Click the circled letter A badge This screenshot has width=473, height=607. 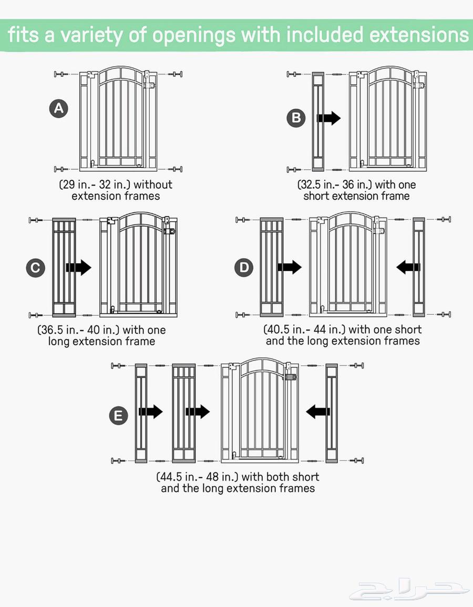coord(59,108)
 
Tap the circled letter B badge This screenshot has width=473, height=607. coord(296,118)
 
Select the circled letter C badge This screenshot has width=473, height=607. coord(36,268)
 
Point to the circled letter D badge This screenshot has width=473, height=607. coord(244,268)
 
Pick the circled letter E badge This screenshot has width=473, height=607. coord(118,416)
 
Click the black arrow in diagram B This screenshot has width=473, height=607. coord(328,118)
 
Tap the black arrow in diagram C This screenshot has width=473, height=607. coord(79,268)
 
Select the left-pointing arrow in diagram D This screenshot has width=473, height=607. coord(408,267)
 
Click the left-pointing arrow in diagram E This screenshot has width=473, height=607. coord(318,411)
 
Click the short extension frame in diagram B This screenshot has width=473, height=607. coord(318,121)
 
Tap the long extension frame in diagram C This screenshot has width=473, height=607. coord(64,267)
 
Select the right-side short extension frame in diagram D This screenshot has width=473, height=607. coord(419,267)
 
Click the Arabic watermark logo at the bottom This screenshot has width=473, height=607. coord(408,591)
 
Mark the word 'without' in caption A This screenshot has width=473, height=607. coord(153,184)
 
